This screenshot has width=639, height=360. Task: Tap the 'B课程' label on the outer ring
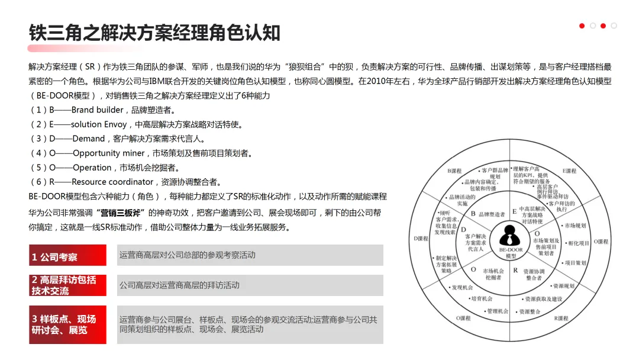(x=454, y=171)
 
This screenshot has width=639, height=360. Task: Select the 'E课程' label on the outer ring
(x=569, y=171)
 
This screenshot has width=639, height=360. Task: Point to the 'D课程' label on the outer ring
(x=420, y=239)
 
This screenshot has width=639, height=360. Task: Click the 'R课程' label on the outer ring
(x=560, y=319)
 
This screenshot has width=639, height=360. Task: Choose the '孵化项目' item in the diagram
(x=578, y=243)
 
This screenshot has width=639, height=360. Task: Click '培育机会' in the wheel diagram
(x=481, y=298)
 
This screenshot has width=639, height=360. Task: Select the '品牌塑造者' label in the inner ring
(x=491, y=214)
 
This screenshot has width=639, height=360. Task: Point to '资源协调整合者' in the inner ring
(x=534, y=274)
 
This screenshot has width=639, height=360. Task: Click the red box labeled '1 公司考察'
(x=67, y=258)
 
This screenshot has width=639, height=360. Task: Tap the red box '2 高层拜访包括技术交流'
(x=67, y=285)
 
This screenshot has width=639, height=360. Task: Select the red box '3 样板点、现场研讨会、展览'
(x=67, y=324)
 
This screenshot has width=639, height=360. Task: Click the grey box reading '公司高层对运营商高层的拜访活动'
(x=179, y=285)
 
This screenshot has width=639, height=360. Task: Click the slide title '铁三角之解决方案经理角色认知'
(x=154, y=33)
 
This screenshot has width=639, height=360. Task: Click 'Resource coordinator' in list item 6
(x=112, y=182)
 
